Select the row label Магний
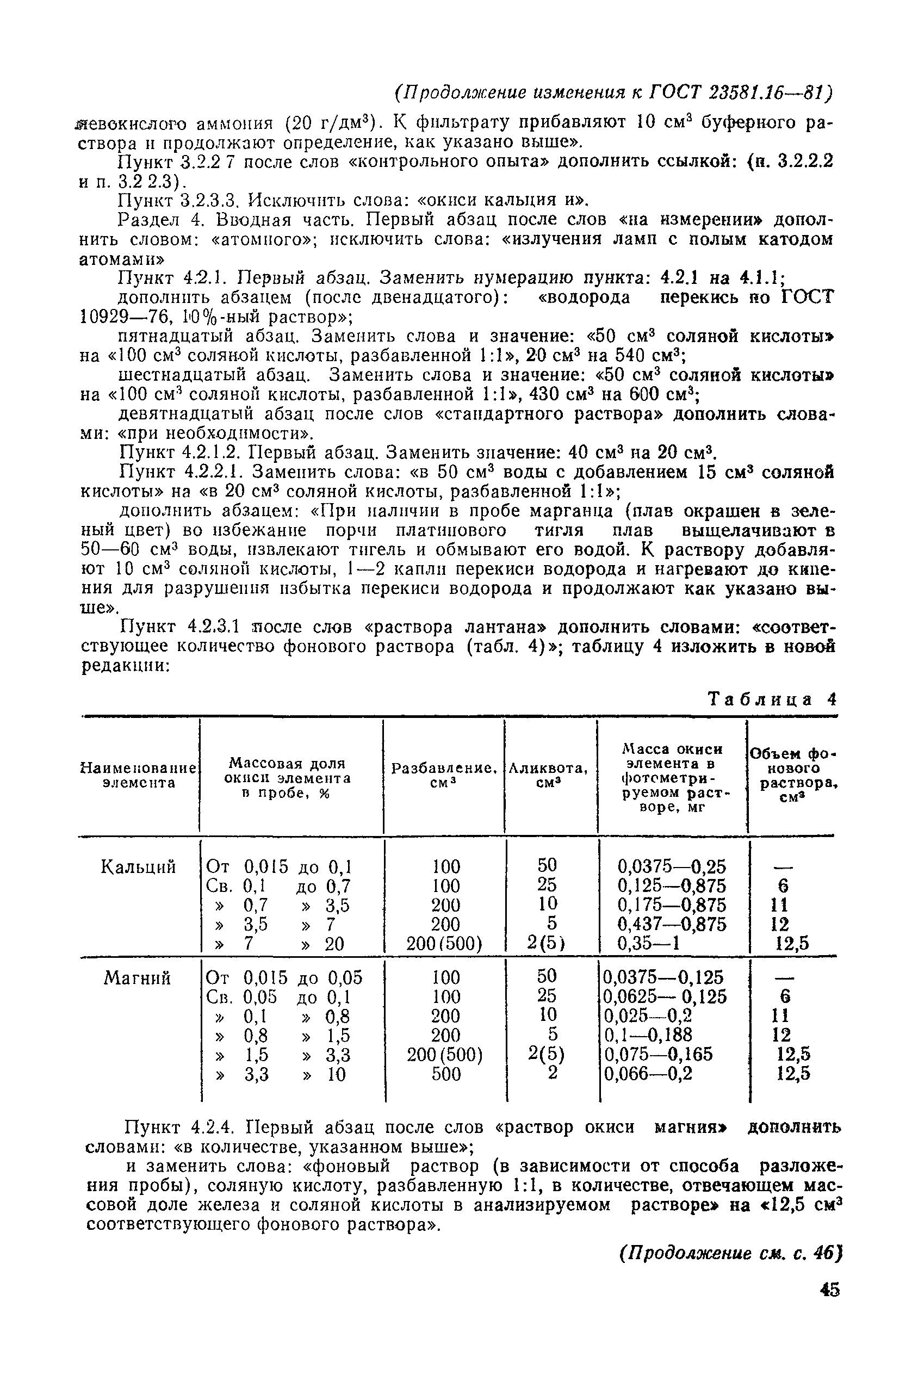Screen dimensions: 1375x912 tap(137, 978)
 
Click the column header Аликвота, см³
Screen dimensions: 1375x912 tap(549, 775)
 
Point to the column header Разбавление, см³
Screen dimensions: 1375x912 tap(445, 775)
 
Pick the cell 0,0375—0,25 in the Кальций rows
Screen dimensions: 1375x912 tap(671, 867)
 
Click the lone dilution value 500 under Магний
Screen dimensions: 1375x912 tap(446, 1074)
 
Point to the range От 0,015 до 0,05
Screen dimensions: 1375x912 tap(284, 978)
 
